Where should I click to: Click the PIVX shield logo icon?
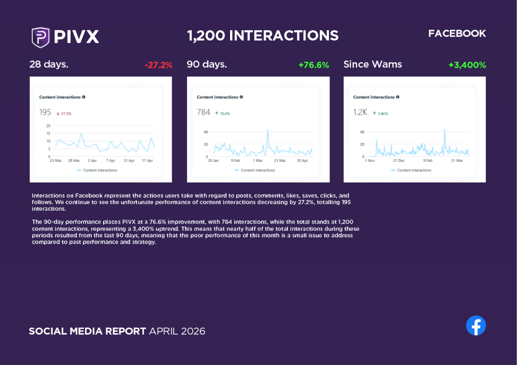click(40, 37)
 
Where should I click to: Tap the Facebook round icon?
click(475, 326)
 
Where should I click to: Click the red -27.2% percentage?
click(158, 65)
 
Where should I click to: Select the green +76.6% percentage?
click(314, 65)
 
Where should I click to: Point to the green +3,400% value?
click(467, 65)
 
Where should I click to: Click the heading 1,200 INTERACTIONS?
click(263, 35)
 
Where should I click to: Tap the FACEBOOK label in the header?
click(457, 34)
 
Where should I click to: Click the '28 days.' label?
click(49, 65)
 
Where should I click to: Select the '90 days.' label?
click(206, 65)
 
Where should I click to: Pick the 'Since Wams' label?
click(373, 65)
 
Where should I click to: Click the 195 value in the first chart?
click(45, 112)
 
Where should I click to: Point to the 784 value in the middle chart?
click(203, 112)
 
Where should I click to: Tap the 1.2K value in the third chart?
click(360, 112)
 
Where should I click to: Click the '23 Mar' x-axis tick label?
click(55, 160)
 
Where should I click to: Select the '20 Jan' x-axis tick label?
click(213, 160)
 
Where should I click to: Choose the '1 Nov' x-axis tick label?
click(370, 160)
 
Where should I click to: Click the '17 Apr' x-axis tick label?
click(147, 160)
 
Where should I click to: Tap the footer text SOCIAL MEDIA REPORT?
click(87, 331)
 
